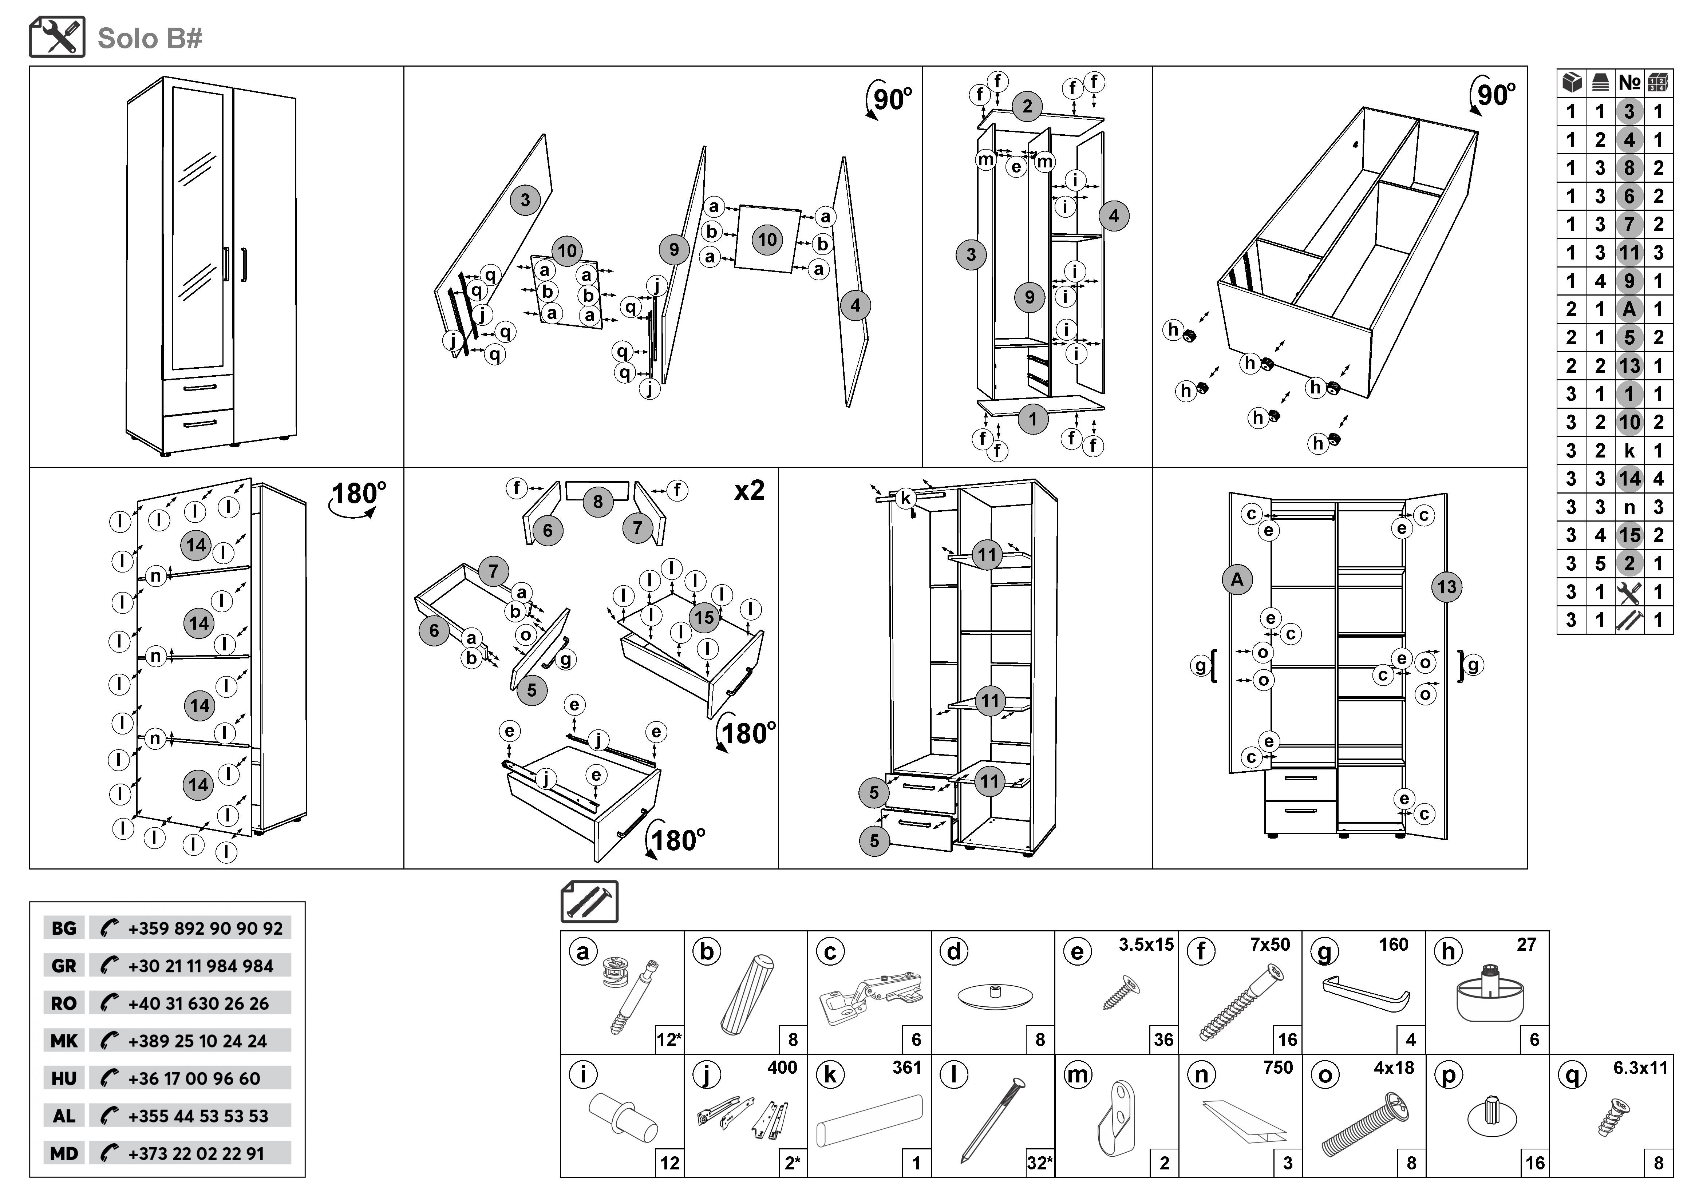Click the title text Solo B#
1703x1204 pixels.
point(150,39)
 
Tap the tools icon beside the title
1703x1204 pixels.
point(57,37)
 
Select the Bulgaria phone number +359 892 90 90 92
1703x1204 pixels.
point(205,928)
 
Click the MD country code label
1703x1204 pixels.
point(64,1153)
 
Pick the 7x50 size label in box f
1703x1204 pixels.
point(1270,944)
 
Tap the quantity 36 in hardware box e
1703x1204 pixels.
point(1163,1040)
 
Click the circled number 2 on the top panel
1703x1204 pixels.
point(1027,106)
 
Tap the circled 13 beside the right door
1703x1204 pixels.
point(1446,587)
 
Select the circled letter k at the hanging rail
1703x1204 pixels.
point(906,498)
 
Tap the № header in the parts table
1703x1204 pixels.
point(1629,82)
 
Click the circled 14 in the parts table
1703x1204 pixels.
point(1629,479)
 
